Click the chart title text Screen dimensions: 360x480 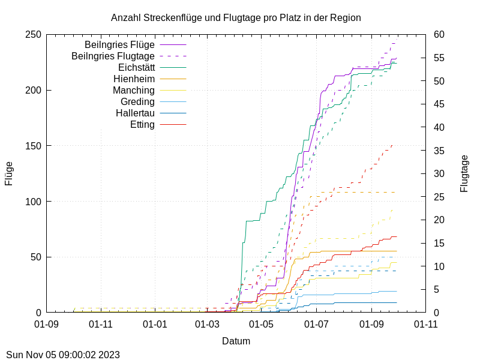[236, 18]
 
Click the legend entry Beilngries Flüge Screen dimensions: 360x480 [119, 44]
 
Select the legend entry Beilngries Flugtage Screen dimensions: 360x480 [113, 56]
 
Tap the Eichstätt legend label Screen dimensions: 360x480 [136, 67]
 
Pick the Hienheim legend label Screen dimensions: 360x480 [134, 79]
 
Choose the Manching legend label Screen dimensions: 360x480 [133, 90]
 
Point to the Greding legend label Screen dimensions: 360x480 [137, 101]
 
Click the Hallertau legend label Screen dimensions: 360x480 [135, 113]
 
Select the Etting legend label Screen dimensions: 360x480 [142, 124]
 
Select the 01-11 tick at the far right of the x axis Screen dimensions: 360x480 [425, 325]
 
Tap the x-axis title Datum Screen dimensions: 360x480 [236, 341]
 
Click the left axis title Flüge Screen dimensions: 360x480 [9, 173]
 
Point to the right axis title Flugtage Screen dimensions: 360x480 [464, 173]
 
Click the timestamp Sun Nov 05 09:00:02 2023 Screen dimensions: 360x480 [63, 355]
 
